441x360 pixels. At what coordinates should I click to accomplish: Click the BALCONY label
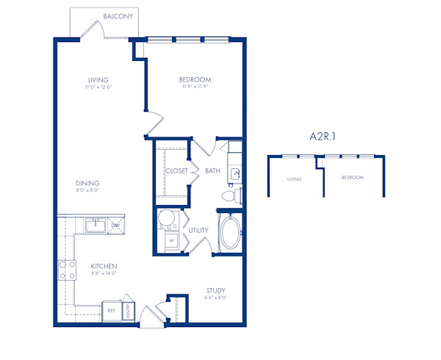[118, 15]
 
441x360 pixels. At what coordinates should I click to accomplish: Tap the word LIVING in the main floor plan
[98, 79]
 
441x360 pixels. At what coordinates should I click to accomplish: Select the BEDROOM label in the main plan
[195, 79]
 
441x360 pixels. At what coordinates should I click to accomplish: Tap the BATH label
[212, 171]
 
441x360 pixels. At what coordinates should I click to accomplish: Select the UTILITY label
[198, 230]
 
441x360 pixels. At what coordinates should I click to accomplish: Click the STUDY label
[215, 290]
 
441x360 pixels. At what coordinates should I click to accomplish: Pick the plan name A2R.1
[324, 136]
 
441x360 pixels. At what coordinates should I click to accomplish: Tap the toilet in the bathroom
[231, 196]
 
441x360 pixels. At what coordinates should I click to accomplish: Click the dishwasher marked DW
[115, 224]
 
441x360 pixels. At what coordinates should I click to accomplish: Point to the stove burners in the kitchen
[67, 270]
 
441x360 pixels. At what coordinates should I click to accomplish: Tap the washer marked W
[171, 239]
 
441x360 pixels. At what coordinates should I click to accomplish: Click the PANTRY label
[129, 309]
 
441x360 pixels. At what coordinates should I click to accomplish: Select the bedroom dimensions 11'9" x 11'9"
[195, 87]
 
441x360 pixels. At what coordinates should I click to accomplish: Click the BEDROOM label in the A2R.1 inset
[352, 178]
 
